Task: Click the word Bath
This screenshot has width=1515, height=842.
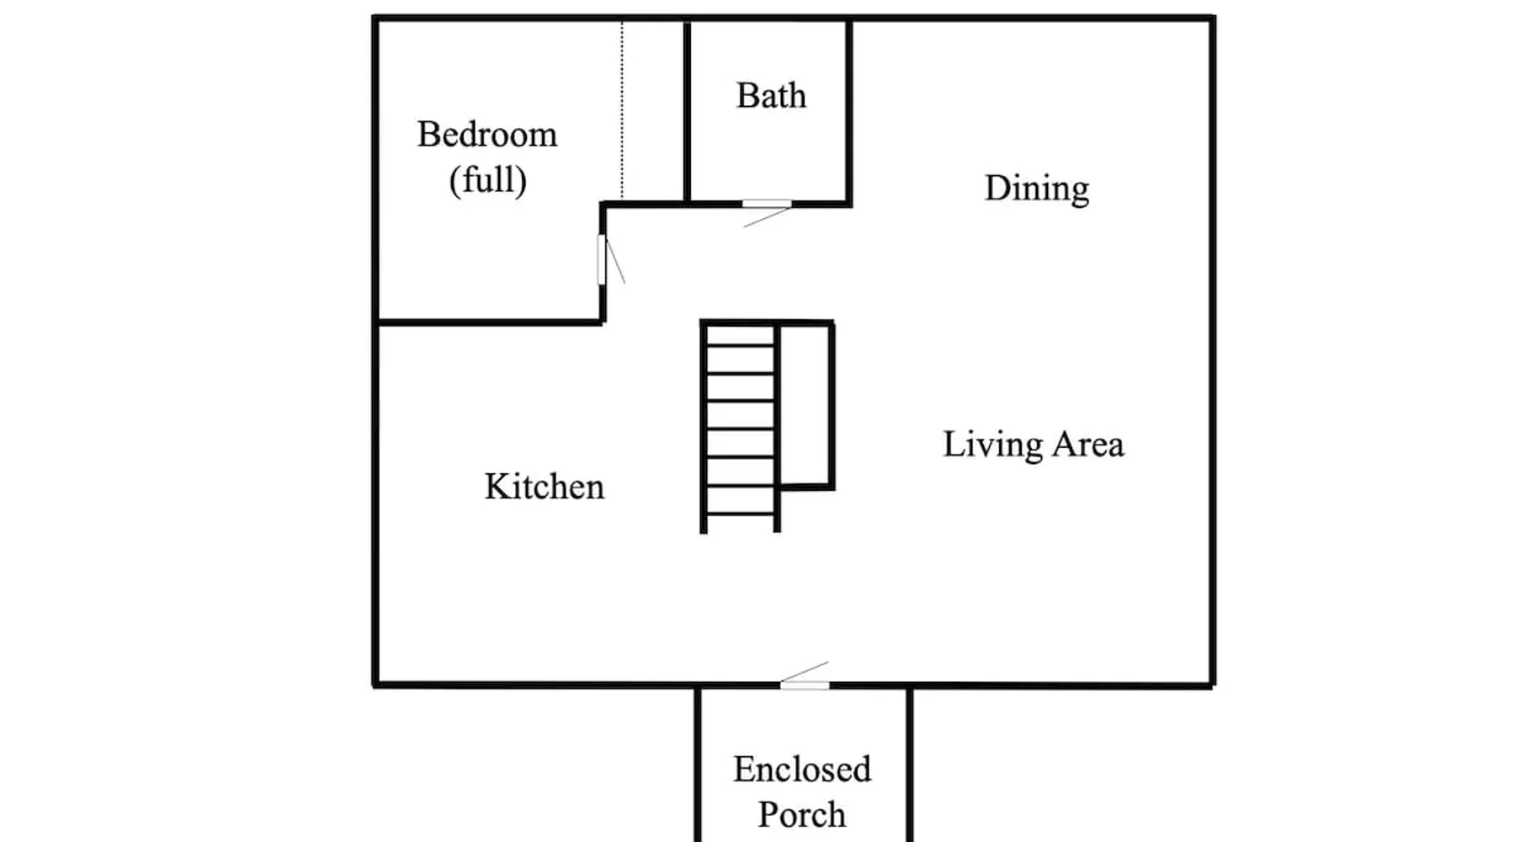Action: point(771,95)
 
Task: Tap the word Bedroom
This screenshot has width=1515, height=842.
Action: point(487,134)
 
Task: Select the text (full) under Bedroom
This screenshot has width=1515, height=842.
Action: point(488,179)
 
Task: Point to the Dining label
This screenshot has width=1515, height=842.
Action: point(1037,189)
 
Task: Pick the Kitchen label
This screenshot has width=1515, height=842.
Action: point(545,487)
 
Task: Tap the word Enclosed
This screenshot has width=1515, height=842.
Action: point(802,769)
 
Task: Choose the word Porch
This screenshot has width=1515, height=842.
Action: point(802,814)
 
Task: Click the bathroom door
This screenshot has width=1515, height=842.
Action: point(767,204)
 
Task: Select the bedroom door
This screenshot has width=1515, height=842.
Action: point(602,259)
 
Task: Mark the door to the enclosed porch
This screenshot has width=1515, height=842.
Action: point(805,685)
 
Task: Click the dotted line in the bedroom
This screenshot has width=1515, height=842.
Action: point(622,110)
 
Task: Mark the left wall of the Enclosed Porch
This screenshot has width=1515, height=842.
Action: point(697,765)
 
